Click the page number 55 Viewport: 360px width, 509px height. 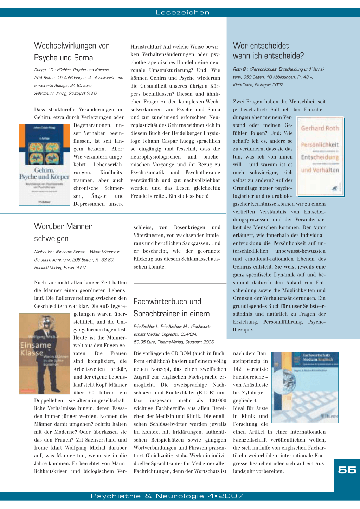point(347,470)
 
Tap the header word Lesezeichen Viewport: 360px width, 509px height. point(182,13)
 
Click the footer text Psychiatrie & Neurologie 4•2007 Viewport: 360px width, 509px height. point(167,496)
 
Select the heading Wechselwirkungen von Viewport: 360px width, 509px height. point(72,46)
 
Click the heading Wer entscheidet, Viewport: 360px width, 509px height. point(262,46)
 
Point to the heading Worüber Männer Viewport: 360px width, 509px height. point(63,226)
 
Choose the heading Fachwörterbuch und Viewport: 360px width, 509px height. point(167,302)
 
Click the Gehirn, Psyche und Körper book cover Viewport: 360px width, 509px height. point(44,165)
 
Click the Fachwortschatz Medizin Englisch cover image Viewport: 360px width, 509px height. point(305,387)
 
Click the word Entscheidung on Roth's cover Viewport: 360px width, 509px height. point(320,157)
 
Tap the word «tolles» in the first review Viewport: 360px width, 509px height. point(182,196)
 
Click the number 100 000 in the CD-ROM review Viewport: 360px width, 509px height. point(218,400)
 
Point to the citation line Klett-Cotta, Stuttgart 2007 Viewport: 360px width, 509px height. point(258,85)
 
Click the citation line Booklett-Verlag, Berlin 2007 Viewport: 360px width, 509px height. point(60,268)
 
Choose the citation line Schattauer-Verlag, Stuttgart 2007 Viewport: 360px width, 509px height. point(66,94)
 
